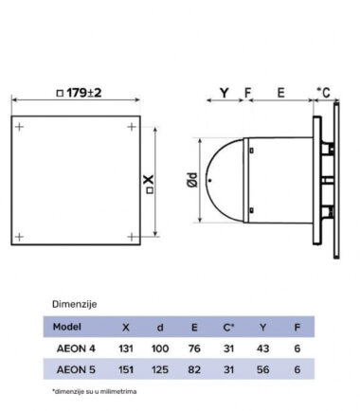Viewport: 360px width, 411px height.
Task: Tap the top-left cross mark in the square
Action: click(20, 127)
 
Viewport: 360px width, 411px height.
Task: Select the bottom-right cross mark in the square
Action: click(132, 237)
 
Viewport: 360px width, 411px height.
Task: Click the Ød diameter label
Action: click(192, 180)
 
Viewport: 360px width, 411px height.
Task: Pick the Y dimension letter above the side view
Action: click(225, 93)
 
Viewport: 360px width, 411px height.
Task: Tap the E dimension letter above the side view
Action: click(280, 93)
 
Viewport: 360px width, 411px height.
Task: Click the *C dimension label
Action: click(324, 93)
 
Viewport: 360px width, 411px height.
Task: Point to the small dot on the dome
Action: click(210, 181)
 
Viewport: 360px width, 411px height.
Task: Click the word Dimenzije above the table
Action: click(75, 304)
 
